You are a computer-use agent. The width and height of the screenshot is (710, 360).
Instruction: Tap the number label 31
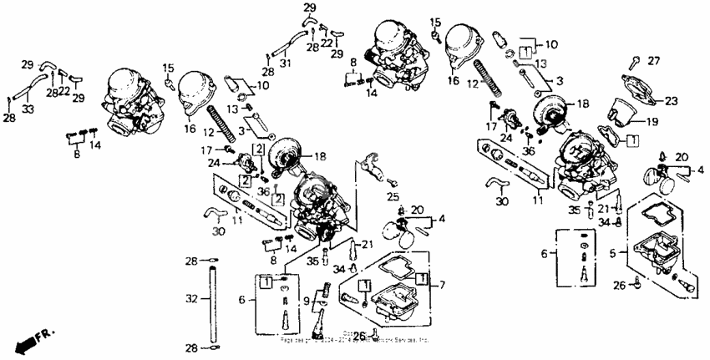tap(286, 63)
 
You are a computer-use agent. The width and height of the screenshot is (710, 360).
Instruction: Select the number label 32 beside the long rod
tap(191, 297)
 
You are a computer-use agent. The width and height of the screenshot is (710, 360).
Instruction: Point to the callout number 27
tap(654, 60)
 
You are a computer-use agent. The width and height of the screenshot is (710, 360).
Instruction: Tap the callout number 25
tap(393, 197)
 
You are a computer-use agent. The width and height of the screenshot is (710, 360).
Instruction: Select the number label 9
tap(307, 301)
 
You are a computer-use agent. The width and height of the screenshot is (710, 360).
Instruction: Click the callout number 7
tap(442, 286)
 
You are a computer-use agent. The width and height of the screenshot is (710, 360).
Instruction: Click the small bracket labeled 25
tap(374, 167)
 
